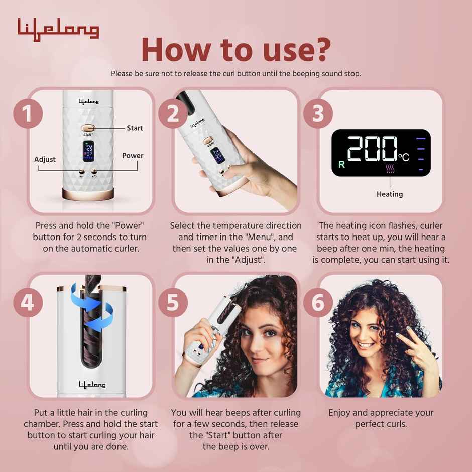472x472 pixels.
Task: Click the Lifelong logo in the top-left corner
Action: (58, 29)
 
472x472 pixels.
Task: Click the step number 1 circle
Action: (28, 114)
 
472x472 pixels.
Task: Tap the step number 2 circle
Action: (173, 114)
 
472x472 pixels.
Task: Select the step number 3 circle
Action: (318, 114)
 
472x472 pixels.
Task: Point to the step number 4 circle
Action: (28, 302)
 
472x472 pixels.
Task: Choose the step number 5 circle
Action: (173, 302)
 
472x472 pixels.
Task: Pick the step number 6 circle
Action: (318, 302)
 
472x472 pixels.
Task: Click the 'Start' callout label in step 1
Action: (135, 128)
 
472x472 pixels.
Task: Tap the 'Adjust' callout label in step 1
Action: (45, 159)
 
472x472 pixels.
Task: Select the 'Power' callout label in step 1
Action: (133, 156)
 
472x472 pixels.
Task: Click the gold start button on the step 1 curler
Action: (88, 128)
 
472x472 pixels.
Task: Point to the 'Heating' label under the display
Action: (389, 194)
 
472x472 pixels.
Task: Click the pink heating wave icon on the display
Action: (390, 169)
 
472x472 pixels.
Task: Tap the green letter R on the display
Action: (342, 164)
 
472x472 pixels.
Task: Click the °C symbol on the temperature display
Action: (404, 157)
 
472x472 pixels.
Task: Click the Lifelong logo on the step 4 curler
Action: (92, 384)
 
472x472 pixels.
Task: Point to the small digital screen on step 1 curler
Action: (88, 151)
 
